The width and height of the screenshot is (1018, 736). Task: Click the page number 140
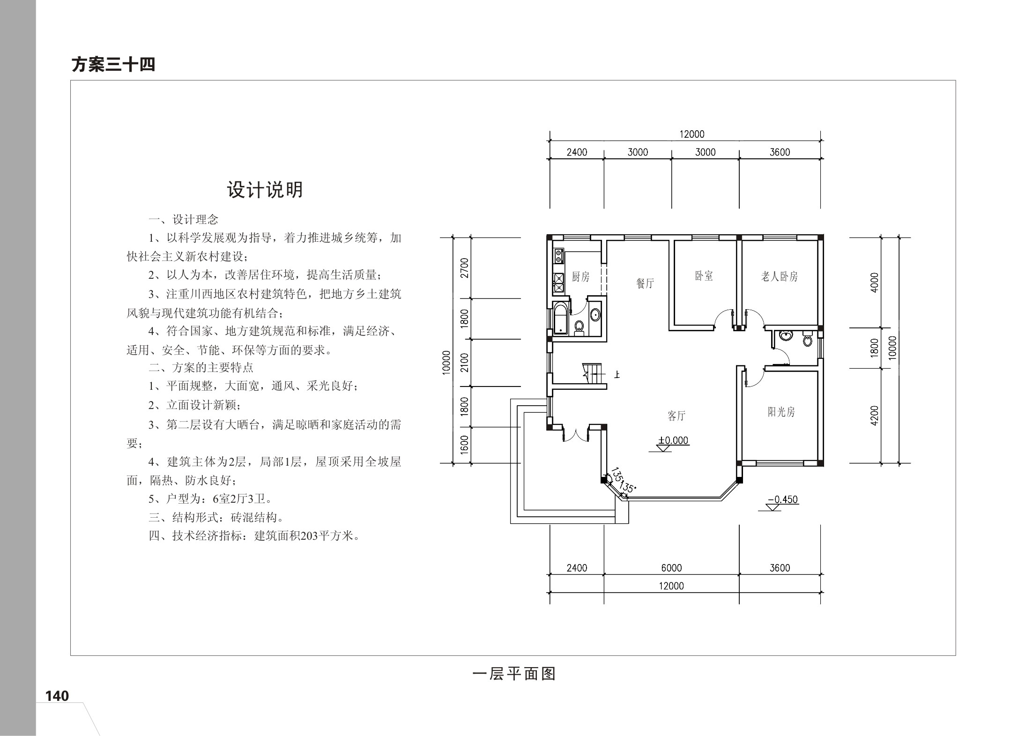point(57,696)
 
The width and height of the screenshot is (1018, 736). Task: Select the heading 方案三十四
point(113,65)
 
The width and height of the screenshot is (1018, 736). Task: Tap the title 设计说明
point(265,190)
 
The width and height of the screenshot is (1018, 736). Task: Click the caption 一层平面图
point(514,674)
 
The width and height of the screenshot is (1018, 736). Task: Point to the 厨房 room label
point(580,277)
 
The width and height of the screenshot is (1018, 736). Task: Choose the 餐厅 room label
point(645,283)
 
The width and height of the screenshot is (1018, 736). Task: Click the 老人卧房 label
point(779,276)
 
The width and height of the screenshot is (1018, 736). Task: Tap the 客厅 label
point(676,416)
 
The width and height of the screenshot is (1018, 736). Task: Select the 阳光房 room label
point(781,412)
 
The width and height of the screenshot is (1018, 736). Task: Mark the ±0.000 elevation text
point(673,440)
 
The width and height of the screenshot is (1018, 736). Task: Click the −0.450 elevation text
point(783,499)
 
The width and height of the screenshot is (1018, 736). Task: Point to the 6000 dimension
point(671,568)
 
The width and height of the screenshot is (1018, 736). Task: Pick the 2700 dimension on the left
point(464,268)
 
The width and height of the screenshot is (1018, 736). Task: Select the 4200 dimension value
point(874,416)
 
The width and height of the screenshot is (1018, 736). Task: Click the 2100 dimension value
point(464,363)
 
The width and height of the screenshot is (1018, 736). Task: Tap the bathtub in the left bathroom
point(560,320)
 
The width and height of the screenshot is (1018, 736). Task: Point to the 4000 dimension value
point(874,283)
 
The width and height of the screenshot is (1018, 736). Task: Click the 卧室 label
point(704,276)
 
